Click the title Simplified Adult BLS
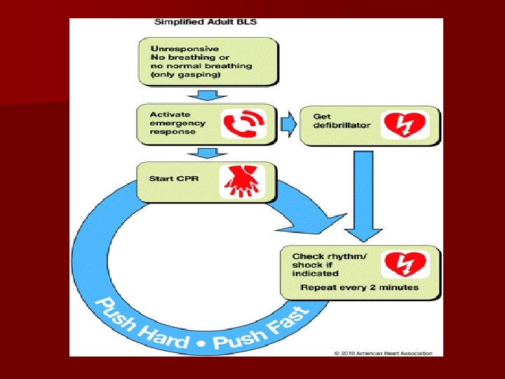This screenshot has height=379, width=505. click(206, 22)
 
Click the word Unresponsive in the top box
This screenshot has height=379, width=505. click(179, 48)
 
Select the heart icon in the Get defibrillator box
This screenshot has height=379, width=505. click(405, 125)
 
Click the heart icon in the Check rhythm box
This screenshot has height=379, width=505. click(405, 265)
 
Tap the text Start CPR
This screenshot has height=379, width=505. click(174, 178)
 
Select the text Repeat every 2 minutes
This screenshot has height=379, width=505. click(359, 287)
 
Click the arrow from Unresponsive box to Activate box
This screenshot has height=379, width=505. click(208, 94)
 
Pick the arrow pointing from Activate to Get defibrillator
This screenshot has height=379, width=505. click(288, 125)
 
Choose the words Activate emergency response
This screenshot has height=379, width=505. click(177, 123)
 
